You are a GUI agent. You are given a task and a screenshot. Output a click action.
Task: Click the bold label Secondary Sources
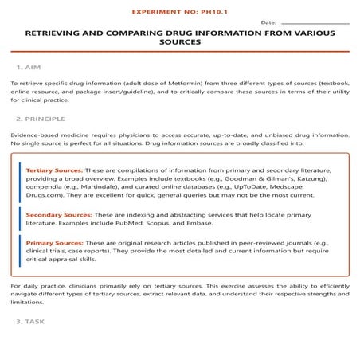point(59,215)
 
